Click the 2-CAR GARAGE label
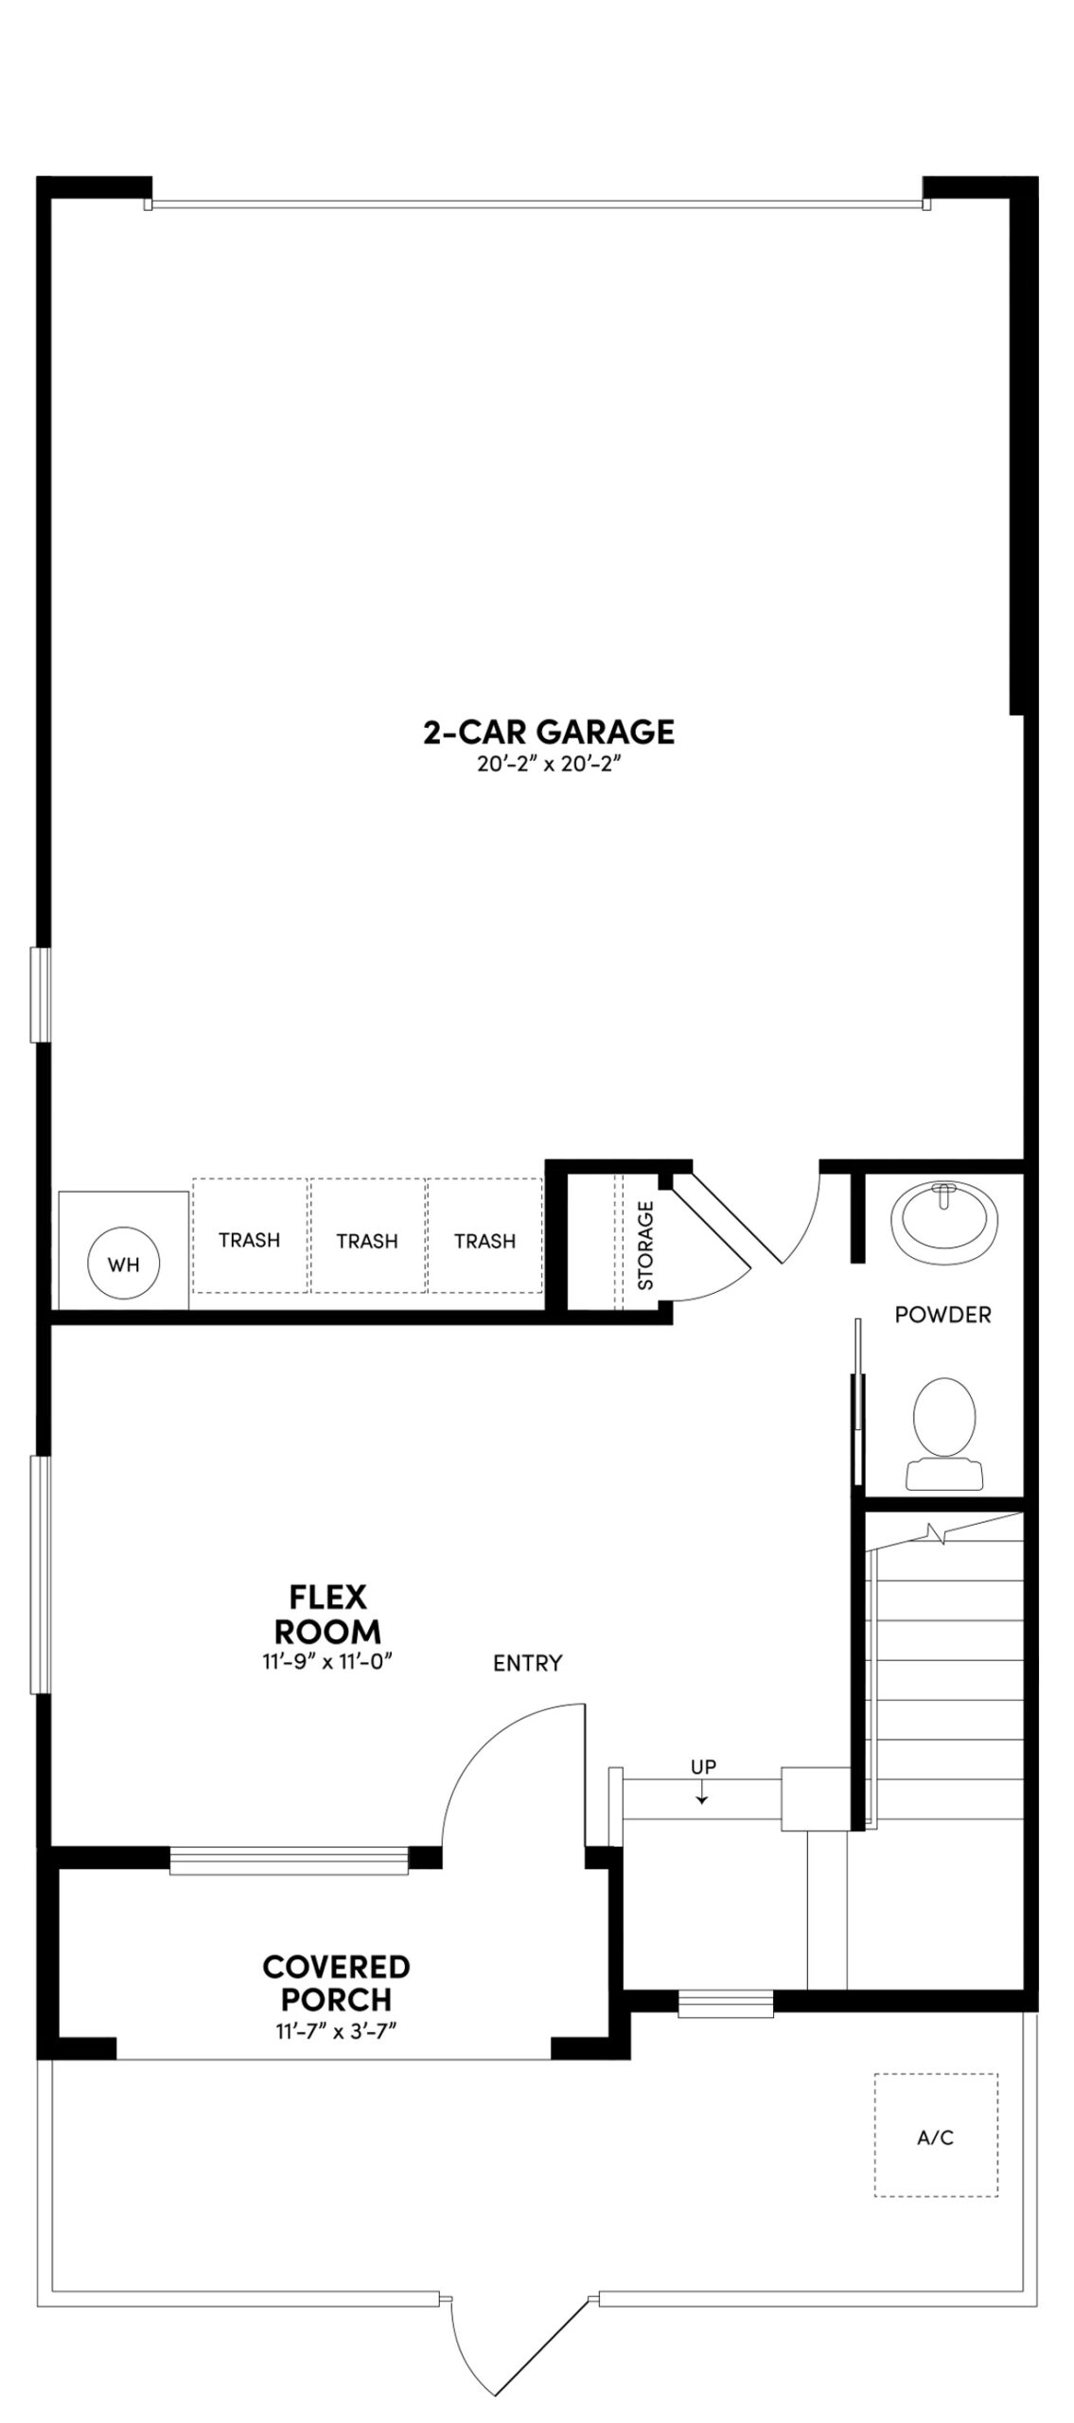[x=548, y=732]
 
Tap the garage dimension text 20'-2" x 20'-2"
[x=548, y=764]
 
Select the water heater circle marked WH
[x=123, y=1264]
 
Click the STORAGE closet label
[x=646, y=1246]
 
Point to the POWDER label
[x=942, y=1315]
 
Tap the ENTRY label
[x=527, y=1663]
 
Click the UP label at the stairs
[x=703, y=1766]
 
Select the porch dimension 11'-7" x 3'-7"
[x=329, y=2030]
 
